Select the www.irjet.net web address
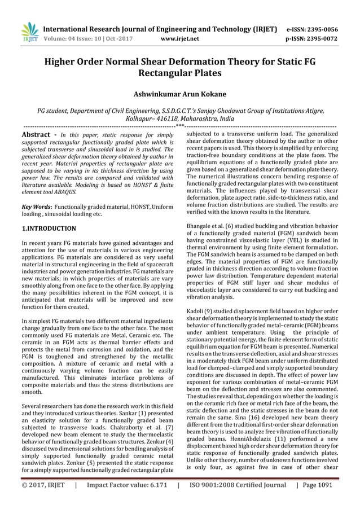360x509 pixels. [x=181, y=40]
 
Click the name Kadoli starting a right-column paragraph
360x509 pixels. [x=197, y=310]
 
